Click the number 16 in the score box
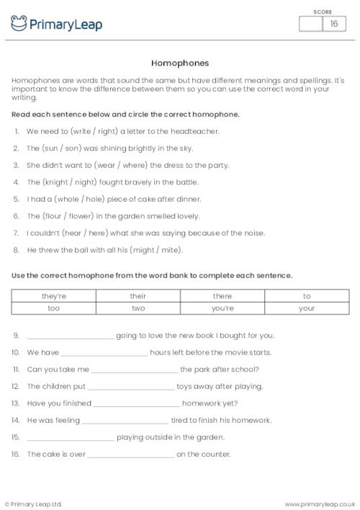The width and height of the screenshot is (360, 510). [x=333, y=24]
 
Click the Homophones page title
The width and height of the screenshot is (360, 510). [x=180, y=63]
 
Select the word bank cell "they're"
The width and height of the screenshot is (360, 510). [x=53, y=296]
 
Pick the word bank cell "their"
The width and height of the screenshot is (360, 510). [x=138, y=296]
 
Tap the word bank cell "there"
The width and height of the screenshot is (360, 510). [x=222, y=296]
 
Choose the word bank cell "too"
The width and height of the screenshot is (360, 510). [x=53, y=308]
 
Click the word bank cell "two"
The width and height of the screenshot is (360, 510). [x=138, y=308]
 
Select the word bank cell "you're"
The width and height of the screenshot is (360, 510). [x=222, y=308]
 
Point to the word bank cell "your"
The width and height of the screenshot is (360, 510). [x=307, y=308]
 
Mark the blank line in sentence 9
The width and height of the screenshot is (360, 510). [x=70, y=337]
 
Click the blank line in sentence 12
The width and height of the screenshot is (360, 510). [x=130, y=388]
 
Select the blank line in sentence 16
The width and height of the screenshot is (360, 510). [x=130, y=455]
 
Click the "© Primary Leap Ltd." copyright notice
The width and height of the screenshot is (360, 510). [x=33, y=504]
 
